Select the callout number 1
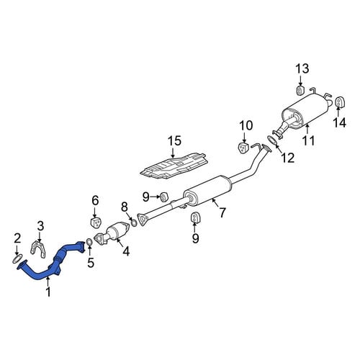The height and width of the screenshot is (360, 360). point(48,292)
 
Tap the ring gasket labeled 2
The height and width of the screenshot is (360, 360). point(17,259)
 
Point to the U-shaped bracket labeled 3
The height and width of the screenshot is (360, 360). point(38,250)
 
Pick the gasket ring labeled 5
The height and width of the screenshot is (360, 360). point(89,243)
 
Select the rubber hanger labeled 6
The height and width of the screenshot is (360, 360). point(96,222)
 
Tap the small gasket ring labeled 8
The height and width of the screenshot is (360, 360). point(134,223)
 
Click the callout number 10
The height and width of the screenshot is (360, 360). point(246,125)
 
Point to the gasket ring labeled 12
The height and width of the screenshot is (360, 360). point(272,140)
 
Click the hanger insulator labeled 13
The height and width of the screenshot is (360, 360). point(300,90)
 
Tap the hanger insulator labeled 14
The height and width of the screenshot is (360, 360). point(339,102)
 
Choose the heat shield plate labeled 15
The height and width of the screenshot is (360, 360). point(174,166)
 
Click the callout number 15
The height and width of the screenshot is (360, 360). point(174,140)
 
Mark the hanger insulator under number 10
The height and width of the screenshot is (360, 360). point(243,148)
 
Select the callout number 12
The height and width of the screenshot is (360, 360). point(287,158)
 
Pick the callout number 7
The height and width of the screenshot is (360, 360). point(222,212)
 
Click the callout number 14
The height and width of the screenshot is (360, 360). point(339,122)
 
